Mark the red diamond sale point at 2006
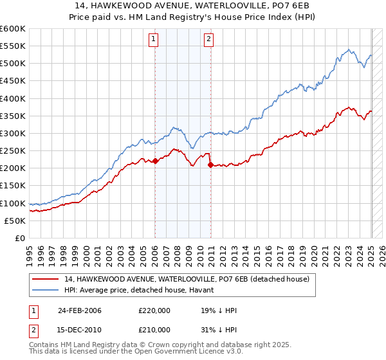[156, 161]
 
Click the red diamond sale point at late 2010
[210, 165]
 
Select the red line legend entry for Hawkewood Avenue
[187, 279]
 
